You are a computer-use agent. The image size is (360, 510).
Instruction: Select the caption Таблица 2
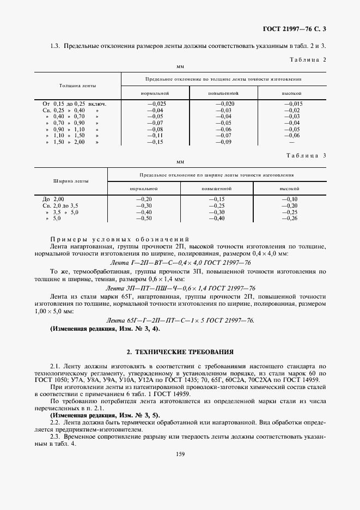tap(306, 59)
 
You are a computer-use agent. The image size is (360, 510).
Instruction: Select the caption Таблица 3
tap(306, 155)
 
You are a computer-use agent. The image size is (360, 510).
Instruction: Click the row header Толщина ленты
tap(74, 86)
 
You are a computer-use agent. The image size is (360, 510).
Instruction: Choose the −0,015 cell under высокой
tap(292, 103)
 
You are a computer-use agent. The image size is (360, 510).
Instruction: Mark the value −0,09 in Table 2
tap(224, 142)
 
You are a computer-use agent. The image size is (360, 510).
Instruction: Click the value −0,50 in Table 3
tap(143, 218)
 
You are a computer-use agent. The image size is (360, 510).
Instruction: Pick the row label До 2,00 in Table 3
tap(53, 199)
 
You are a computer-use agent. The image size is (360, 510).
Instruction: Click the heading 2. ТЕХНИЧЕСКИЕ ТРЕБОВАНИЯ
tap(180, 352)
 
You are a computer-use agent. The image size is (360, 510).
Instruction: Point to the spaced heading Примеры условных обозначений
tap(119, 240)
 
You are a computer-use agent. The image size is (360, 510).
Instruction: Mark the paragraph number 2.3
tap(55, 437)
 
